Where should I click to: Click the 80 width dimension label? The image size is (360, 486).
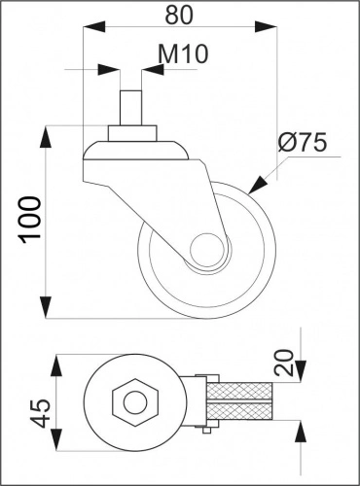click(179, 15)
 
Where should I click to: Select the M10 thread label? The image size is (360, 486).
click(183, 53)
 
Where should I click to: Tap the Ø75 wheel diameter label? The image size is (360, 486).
click(303, 143)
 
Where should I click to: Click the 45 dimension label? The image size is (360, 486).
click(40, 413)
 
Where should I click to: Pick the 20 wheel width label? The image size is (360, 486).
click(284, 363)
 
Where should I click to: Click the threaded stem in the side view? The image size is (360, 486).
click(130, 109)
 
